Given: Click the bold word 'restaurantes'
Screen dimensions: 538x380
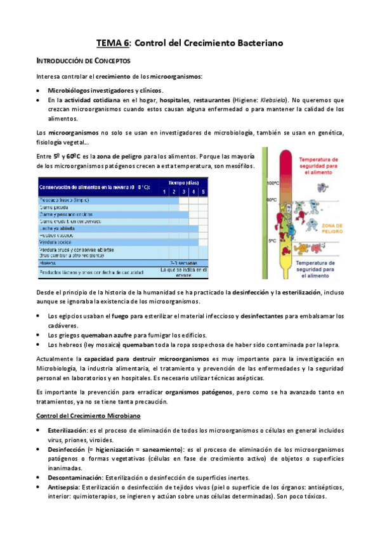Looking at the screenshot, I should (x=205, y=100).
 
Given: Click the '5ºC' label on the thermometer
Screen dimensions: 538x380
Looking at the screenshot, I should (x=272, y=240).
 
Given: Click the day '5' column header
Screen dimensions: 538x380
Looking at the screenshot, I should (x=203, y=192).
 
